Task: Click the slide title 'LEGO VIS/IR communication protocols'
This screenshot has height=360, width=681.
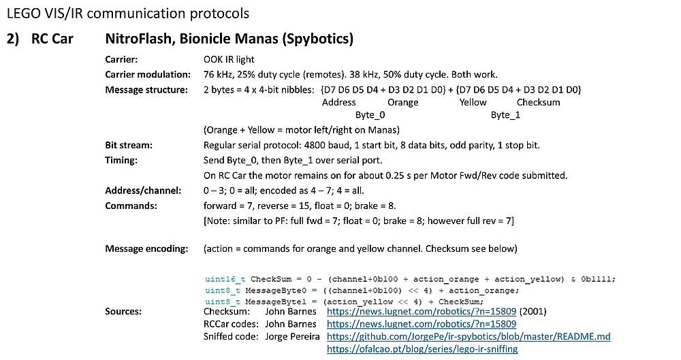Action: click(x=127, y=13)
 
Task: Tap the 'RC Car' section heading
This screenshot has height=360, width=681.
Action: click(x=52, y=39)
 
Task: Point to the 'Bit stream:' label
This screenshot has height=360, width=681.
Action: click(x=129, y=145)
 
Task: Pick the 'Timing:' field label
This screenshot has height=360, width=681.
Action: click(x=121, y=160)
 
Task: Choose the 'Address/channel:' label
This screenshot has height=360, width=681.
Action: click(x=143, y=191)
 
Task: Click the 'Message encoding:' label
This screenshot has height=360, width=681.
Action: click(x=146, y=248)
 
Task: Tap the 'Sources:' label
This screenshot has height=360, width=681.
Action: click(x=123, y=311)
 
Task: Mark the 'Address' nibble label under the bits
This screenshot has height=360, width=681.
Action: click(x=339, y=102)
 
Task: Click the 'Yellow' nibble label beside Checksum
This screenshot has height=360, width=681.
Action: click(x=473, y=102)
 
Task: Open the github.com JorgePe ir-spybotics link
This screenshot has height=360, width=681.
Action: click(x=469, y=336)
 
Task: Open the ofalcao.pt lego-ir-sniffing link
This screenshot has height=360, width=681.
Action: click(x=422, y=348)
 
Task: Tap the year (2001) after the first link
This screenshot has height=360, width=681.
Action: click(x=534, y=311)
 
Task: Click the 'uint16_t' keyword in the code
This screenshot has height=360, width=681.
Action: click(x=225, y=279)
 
